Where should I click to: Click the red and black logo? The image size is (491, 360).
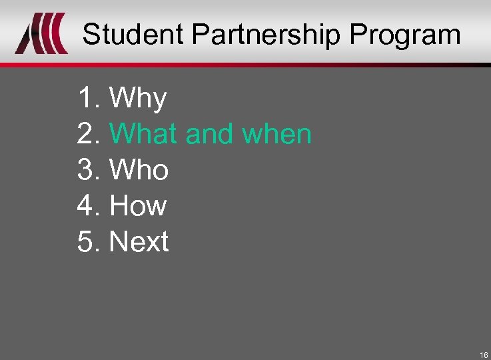pyautogui.click(x=41, y=34)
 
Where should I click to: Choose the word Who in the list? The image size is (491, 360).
pyautogui.click(x=139, y=170)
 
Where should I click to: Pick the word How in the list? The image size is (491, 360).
pyautogui.click(x=138, y=205)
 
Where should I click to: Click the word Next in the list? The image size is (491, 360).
pyautogui.click(x=139, y=241)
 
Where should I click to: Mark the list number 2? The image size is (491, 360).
pyautogui.click(x=87, y=134)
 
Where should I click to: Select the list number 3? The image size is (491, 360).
pyautogui.click(x=87, y=170)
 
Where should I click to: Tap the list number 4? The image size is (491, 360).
pyautogui.click(x=87, y=205)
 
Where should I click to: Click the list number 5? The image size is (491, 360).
pyautogui.click(x=87, y=241)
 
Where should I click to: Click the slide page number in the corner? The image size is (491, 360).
pyautogui.click(x=483, y=354)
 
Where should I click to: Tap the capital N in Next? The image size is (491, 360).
pyautogui.click(x=119, y=241)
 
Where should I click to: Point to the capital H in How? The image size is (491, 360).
pyautogui.click(x=119, y=205)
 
